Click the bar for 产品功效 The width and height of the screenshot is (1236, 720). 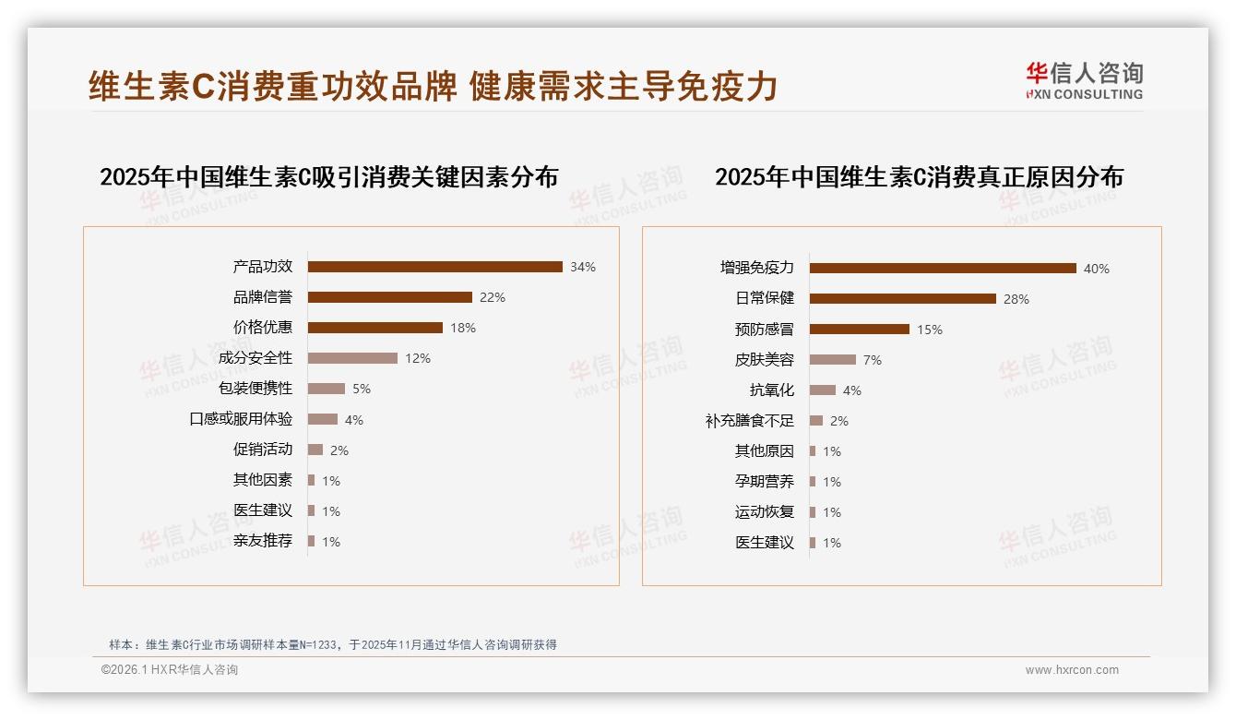tap(434, 267)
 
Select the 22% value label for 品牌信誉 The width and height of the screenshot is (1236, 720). tap(492, 297)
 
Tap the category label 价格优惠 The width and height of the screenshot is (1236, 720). tap(262, 328)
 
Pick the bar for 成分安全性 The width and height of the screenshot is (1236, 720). tap(352, 358)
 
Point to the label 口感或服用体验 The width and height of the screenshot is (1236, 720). tap(241, 419)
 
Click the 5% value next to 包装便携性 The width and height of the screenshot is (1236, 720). tap(361, 389)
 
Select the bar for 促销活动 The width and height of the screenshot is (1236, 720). tap(315, 450)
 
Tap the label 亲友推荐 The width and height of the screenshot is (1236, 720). tap(262, 541)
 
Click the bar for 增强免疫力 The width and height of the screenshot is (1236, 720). tap(943, 268)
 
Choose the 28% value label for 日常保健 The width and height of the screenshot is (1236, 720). tap(1016, 299)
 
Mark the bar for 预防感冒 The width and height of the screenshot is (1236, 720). tap(860, 329)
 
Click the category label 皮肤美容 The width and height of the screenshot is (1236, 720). tap(764, 360)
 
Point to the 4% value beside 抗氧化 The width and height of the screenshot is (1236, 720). tap(851, 390)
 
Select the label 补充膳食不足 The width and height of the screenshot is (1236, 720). tap(749, 421)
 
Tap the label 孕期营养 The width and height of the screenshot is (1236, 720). tap(764, 482)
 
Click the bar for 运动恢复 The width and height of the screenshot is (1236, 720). tap(813, 512)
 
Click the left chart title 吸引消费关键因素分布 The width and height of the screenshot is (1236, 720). tap(328, 177)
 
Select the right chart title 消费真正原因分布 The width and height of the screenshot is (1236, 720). tap(919, 177)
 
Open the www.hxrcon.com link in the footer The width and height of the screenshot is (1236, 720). tap(1072, 670)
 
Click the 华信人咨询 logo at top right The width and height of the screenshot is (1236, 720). tap(1084, 81)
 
